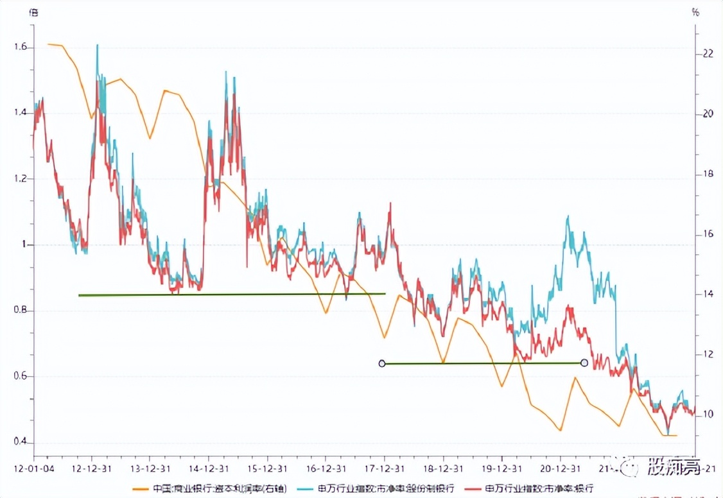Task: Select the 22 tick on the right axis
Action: click(708, 54)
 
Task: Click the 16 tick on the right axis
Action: click(708, 234)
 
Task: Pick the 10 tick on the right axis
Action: click(708, 415)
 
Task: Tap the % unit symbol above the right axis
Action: click(695, 12)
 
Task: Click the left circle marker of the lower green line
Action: click(382, 363)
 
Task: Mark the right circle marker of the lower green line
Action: click(584, 363)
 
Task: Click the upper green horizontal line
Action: click(231, 295)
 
